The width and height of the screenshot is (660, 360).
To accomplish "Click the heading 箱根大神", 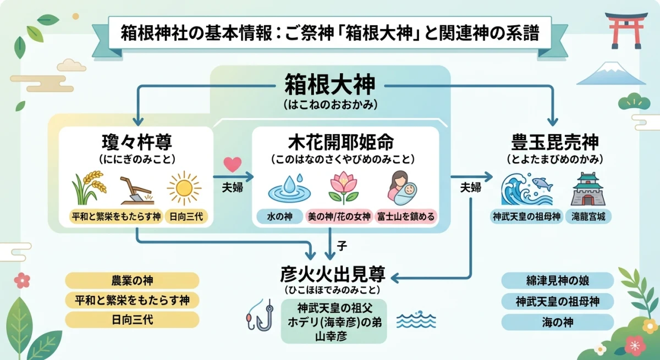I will point(330,85).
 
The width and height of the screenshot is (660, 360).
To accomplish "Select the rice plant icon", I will point(88,187).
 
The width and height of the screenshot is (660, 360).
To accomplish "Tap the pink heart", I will point(233,164).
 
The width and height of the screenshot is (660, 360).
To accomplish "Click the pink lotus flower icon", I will point(344,188).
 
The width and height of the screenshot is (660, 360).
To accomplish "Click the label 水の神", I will point(280,217).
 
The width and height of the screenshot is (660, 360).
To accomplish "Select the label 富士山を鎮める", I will point(405,217).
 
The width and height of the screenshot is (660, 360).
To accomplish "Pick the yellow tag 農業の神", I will point(132,281).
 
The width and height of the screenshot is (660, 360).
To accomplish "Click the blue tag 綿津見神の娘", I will point(557,281).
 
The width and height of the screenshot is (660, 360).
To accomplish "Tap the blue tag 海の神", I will point(557,322).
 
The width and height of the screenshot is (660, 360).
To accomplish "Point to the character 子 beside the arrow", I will point(342,247).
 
